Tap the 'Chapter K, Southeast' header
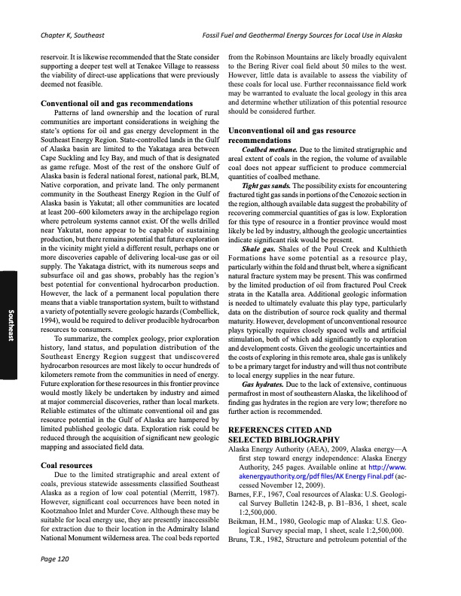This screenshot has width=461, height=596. [x=72, y=35]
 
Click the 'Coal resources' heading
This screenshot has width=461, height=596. [x=66, y=464]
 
